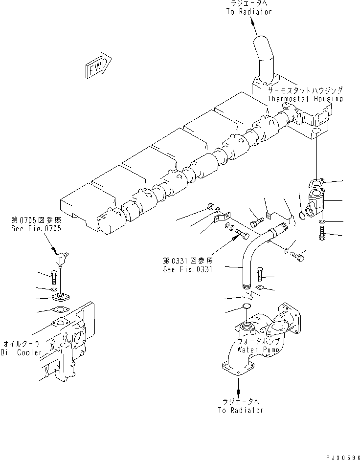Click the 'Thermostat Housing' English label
305,99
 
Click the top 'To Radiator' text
248,12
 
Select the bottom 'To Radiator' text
240,410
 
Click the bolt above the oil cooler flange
54,278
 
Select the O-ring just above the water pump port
247,307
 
